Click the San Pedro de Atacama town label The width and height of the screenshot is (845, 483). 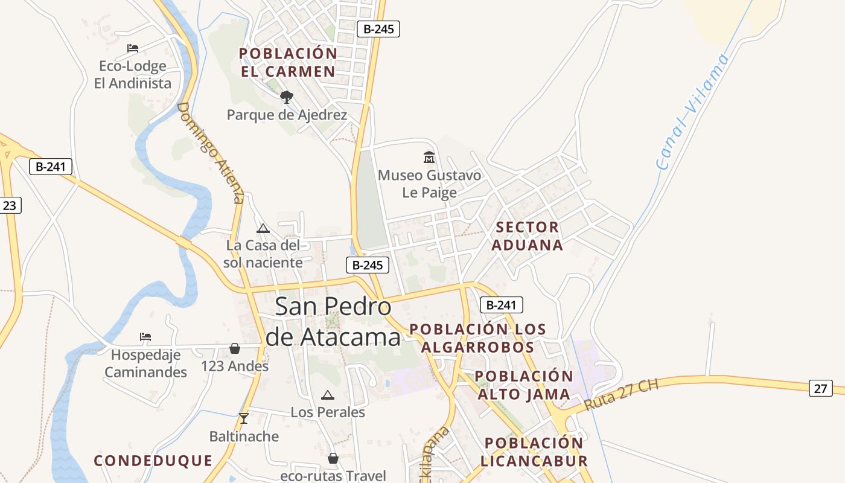point(333,322)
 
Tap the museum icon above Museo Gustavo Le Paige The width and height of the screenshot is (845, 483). point(429,157)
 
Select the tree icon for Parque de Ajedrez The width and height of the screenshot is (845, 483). point(287,97)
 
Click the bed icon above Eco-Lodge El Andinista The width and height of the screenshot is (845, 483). point(133,48)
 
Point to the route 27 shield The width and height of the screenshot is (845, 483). point(820,388)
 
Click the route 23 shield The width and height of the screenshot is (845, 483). point(10,205)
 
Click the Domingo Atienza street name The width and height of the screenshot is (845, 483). point(211,152)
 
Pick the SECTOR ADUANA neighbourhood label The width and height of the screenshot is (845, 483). point(527,236)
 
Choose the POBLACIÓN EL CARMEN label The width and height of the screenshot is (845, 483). point(288,62)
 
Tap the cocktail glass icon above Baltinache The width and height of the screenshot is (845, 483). point(243,418)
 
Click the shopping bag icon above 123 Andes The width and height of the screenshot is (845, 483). point(235,348)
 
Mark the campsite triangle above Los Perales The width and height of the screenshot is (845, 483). point(328,395)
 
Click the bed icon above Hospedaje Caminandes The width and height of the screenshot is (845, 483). point(145,336)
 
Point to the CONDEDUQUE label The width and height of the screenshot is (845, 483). point(153,461)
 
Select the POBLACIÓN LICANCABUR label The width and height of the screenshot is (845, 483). point(534,452)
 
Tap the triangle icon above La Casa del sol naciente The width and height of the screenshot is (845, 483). point(263,228)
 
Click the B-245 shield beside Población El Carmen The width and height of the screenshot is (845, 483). point(378,28)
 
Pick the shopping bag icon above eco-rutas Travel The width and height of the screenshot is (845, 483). point(333,458)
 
